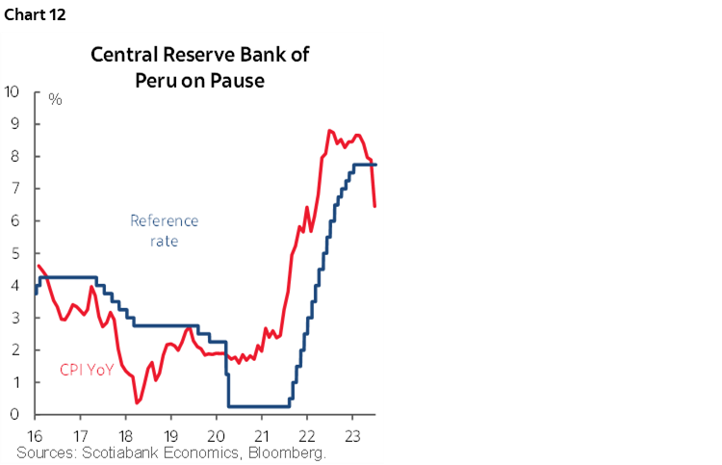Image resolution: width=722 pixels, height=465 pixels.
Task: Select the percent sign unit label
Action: pos(55,100)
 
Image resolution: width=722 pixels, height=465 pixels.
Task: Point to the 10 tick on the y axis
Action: pos(12,92)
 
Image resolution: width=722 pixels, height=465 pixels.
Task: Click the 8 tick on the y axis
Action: pos(15,157)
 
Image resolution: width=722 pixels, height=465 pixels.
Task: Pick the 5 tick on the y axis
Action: pos(15,253)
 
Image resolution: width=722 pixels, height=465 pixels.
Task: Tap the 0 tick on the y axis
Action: pos(15,415)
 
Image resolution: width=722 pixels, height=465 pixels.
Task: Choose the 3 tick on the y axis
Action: pos(15,318)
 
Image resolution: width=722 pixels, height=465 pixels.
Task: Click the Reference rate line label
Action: pos(164,231)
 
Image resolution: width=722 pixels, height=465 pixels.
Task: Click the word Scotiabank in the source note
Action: pos(126,452)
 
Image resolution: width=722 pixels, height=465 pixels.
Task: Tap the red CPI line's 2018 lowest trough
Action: pos(137,402)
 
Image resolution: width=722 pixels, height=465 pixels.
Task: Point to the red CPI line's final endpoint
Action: pos(374,205)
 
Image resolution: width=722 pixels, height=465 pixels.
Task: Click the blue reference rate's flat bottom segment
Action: pos(259,405)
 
